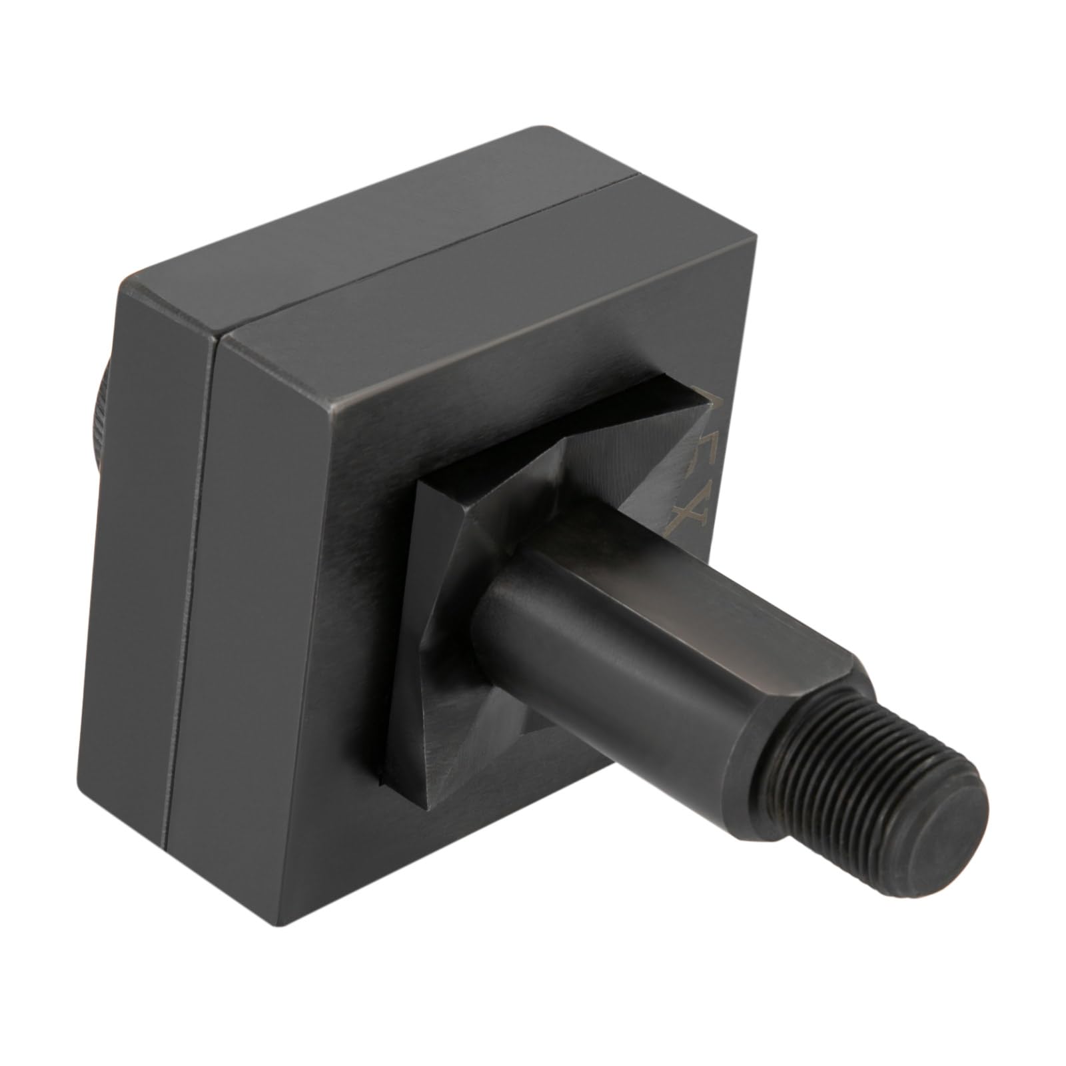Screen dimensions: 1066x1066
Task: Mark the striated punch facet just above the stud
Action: [600, 480]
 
